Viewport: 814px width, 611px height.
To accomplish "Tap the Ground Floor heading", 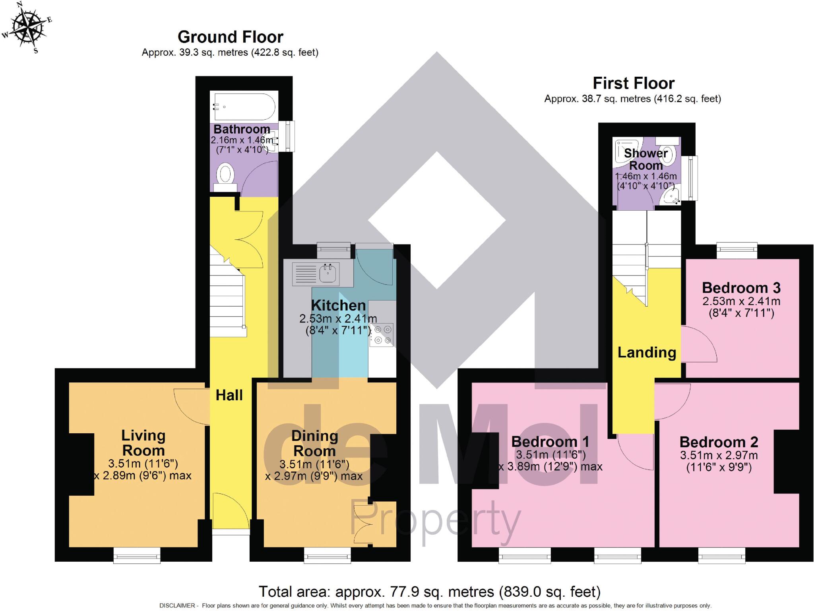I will pyautogui.click(x=230, y=37).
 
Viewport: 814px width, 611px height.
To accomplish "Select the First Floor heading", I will pyautogui.click(x=634, y=83).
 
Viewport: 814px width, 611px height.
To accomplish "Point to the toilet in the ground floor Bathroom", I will pyautogui.click(x=225, y=176).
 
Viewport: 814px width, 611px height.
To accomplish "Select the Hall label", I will pyautogui.click(x=229, y=395).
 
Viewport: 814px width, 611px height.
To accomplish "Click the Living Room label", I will pyautogui.click(x=143, y=443).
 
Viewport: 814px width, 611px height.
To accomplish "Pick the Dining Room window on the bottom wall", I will pyautogui.click(x=328, y=555).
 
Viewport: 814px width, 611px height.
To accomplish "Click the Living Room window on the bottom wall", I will pyautogui.click(x=137, y=555).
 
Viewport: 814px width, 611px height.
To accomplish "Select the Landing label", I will pyautogui.click(x=647, y=353).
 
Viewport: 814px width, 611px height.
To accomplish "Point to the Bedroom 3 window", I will pyautogui.click(x=737, y=251).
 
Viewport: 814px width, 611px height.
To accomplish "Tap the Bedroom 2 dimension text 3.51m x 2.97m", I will pyautogui.click(x=719, y=455).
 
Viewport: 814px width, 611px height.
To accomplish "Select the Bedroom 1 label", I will pyautogui.click(x=550, y=442).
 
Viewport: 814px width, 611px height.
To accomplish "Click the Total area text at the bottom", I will pyautogui.click(x=429, y=592).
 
